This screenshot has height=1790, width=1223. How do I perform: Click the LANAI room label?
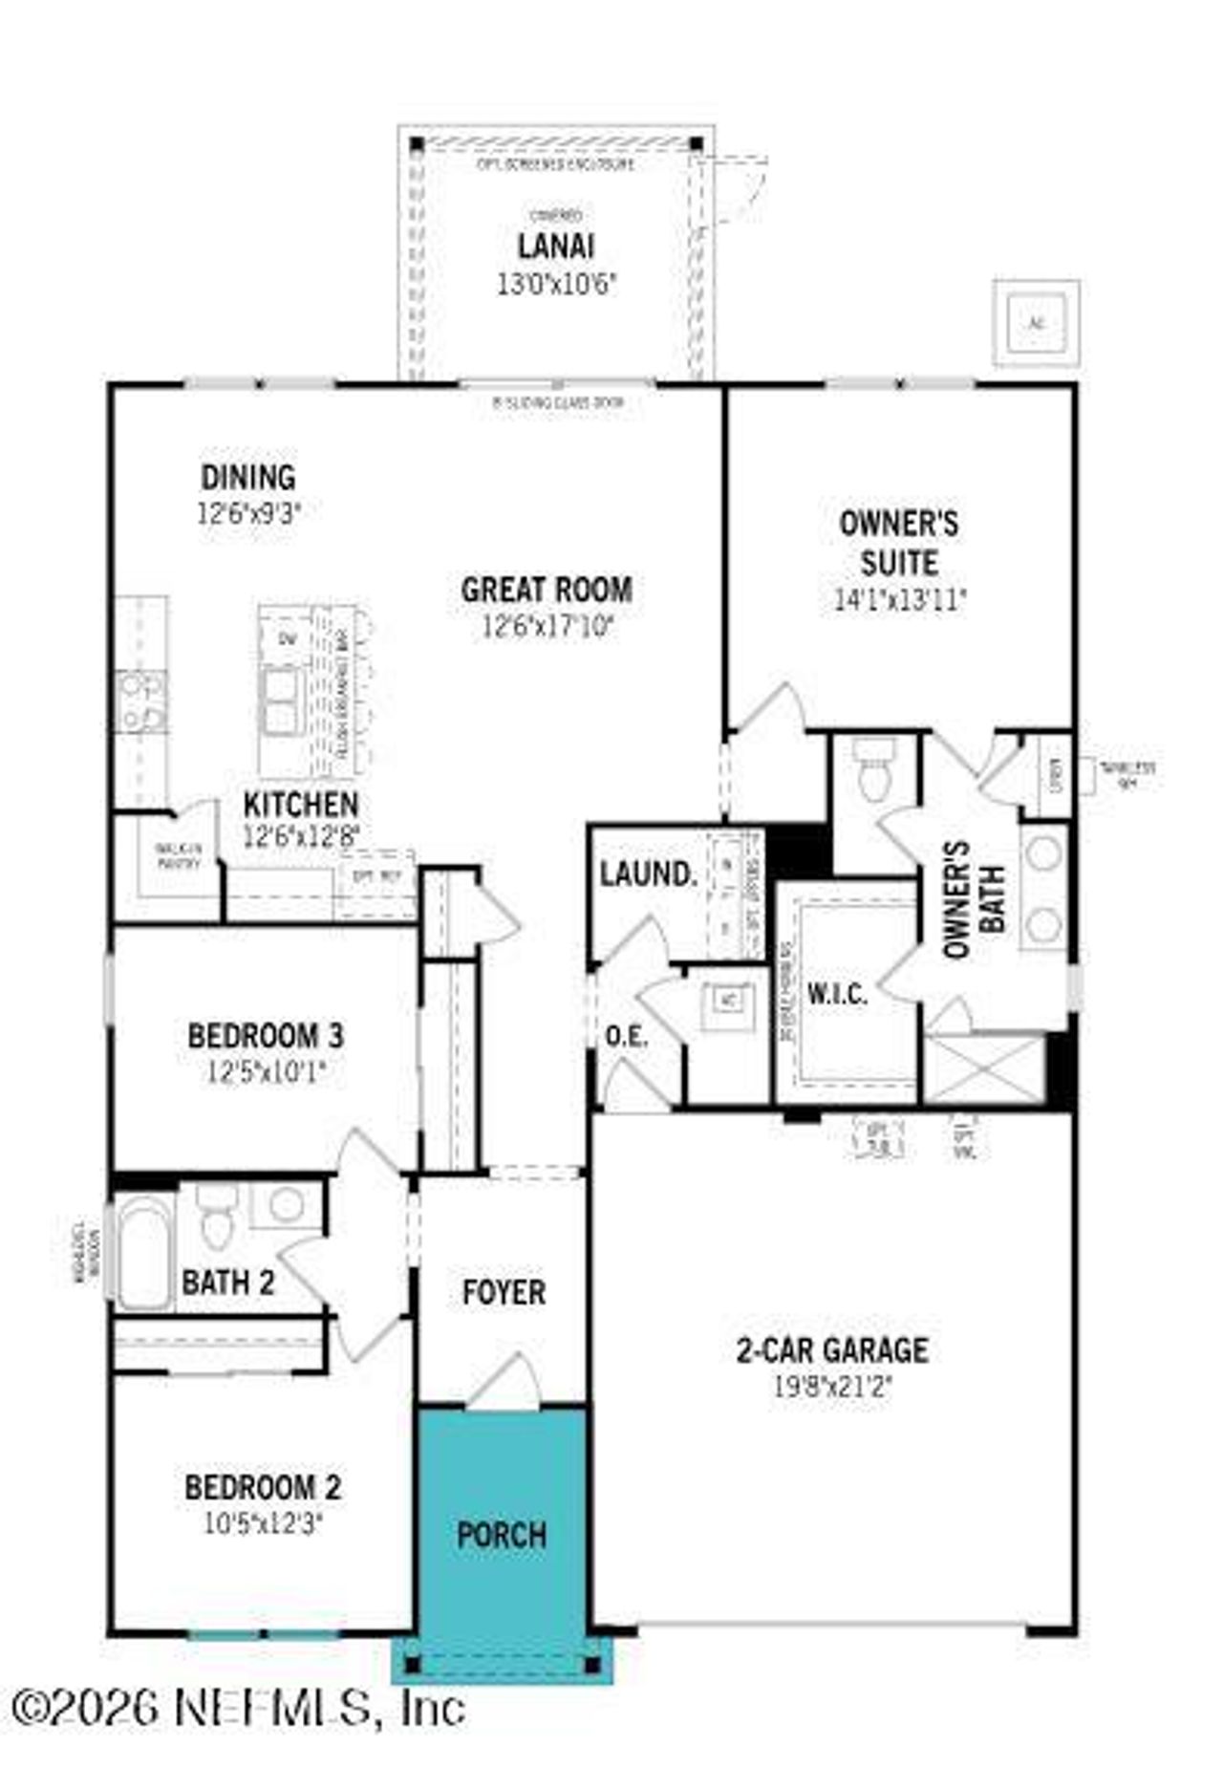(x=555, y=246)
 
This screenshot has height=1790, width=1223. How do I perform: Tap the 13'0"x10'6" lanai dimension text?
(x=556, y=284)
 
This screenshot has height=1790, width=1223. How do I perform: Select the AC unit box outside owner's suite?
(x=1036, y=323)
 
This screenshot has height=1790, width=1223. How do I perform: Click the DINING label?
(x=248, y=477)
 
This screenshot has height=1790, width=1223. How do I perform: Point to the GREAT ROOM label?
(x=547, y=590)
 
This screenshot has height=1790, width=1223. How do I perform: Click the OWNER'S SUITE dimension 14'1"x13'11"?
(x=900, y=600)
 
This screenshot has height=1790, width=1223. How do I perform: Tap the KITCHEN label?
(x=301, y=805)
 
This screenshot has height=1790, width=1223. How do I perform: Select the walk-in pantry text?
(x=179, y=856)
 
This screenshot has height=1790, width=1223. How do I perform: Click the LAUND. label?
(x=648, y=873)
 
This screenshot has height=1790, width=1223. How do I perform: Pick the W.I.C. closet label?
(x=838, y=994)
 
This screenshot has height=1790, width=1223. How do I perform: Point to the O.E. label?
(x=626, y=1036)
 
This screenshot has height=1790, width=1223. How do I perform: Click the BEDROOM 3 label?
(x=266, y=1036)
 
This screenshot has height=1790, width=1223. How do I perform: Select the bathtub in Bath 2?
(x=144, y=1252)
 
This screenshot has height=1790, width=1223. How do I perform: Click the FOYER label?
(x=504, y=1292)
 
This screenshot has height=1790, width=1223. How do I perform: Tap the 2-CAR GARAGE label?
(x=831, y=1349)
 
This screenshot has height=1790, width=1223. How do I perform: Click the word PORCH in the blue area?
(x=502, y=1535)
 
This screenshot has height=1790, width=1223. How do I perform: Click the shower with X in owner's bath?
(x=986, y=1068)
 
